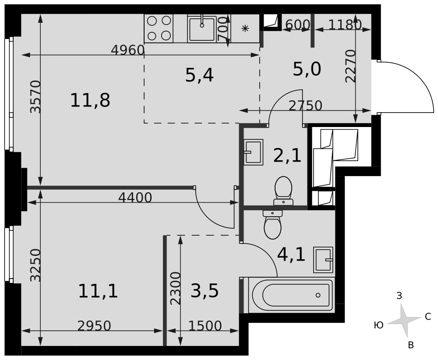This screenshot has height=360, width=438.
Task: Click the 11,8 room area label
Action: (x=90, y=101)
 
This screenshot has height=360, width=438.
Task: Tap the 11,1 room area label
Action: (x=98, y=291)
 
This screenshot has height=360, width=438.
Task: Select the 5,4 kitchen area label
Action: (x=199, y=75)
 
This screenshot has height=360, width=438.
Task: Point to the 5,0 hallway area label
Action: (x=307, y=69)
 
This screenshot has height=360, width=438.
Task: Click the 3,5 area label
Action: (x=205, y=291)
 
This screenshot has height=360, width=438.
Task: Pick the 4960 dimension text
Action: (x=127, y=50)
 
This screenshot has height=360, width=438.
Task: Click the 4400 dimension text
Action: (x=135, y=198)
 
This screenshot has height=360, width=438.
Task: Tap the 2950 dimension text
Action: (x=94, y=326)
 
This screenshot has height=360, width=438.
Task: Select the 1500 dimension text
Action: (x=205, y=326)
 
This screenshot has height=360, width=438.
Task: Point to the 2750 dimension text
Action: (x=305, y=106)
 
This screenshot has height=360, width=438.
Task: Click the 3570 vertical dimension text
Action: (x=35, y=97)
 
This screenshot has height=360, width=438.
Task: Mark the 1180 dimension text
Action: (x=345, y=25)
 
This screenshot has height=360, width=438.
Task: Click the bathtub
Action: (x=291, y=295)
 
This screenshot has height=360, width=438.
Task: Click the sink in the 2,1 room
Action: (x=253, y=152)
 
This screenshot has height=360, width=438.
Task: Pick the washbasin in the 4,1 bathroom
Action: (x=323, y=260)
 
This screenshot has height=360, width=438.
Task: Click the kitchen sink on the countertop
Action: (x=202, y=29)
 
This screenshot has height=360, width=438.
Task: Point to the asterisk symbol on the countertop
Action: (x=245, y=28)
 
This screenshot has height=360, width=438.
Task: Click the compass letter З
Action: (x=399, y=296)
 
